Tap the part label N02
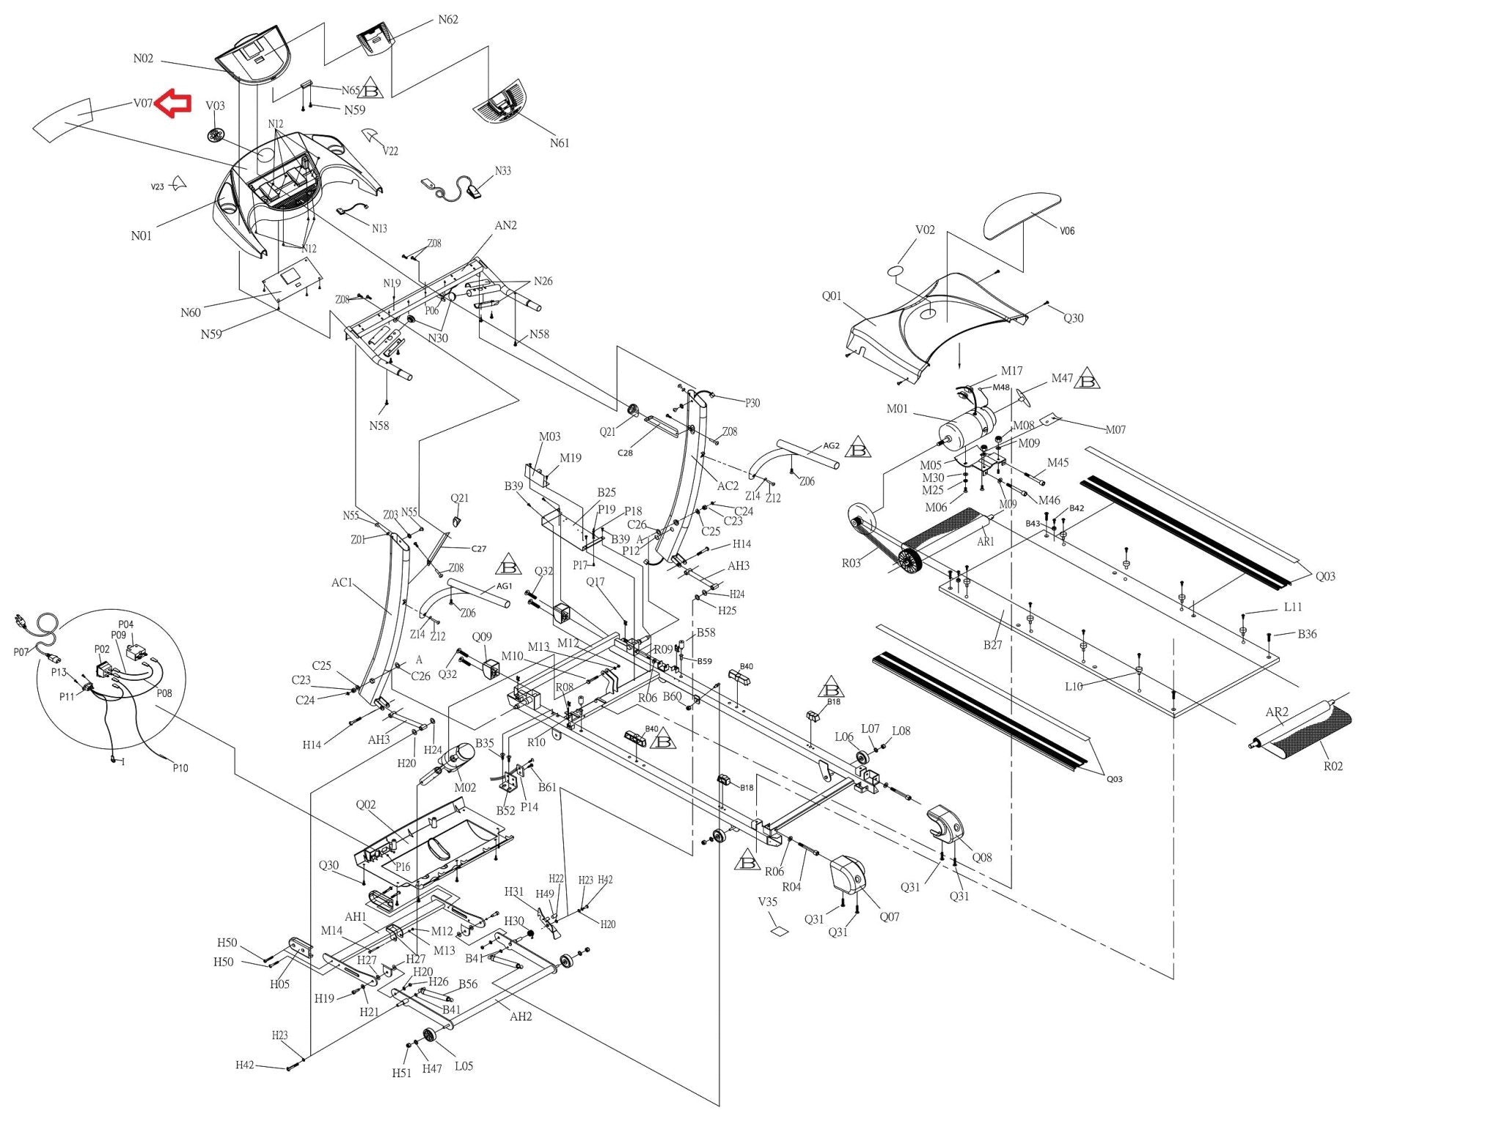tap(143, 59)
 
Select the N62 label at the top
tap(448, 20)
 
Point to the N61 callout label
tap(560, 143)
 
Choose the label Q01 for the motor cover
tap(832, 296)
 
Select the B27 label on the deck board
tap(992, 645)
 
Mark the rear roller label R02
tap(1333, 766)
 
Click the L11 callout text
tap(1293, 607)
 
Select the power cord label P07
tap(21, 652)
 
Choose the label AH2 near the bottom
tap(521, 1016)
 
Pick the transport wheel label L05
tap(464, 1066)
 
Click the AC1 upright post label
tap(342, 583)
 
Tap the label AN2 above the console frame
tap(505, 225)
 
